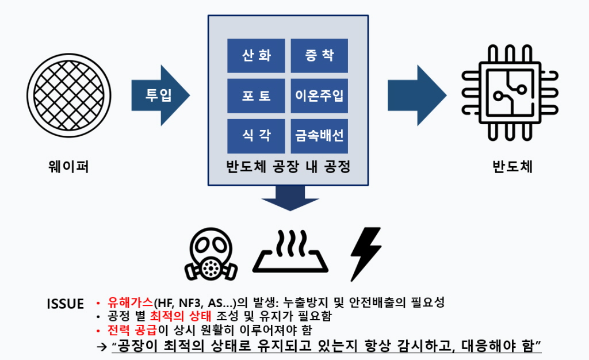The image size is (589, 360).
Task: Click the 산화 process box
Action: coord(256,56)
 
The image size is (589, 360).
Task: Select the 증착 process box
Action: coord(319,56)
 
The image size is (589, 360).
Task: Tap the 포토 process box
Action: coord(256,95)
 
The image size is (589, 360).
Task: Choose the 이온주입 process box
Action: coord(319,95)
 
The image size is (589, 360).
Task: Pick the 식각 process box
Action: coord(256,136)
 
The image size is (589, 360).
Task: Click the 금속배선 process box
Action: coord(319,136)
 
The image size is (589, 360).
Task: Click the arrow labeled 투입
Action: coord(161,95)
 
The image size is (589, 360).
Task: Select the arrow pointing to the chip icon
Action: coord(417,95)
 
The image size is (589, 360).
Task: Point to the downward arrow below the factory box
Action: coord(290,198)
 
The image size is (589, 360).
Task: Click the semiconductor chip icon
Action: coord(510,93)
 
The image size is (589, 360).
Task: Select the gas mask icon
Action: coord(211,254)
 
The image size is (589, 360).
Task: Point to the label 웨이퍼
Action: coord(69,166)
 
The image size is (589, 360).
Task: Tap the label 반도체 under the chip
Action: coord(512,166)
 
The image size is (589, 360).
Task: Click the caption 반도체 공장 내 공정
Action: coord(288,167)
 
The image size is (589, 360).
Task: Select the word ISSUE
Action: coord(66,304)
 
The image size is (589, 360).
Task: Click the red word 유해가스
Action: coord(131,302)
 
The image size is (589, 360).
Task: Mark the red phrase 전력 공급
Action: coord(132,330)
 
